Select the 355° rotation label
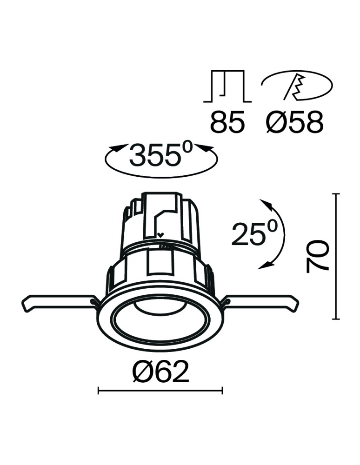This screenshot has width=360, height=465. click(x=161, y=155)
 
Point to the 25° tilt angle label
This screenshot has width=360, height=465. click(x=254, y=234)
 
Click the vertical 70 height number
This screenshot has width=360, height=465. click(x=318, y=256)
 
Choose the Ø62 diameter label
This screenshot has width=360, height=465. click(x=161, y=372)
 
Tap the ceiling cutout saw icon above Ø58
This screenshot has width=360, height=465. click(x=297, y=86)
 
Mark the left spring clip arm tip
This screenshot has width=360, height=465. click(x=26, y=306)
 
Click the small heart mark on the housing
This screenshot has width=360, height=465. click(x=161, y=235)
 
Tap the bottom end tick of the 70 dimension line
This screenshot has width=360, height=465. click(x=336, y=319)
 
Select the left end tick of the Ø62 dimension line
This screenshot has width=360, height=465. click(x=99, y=391)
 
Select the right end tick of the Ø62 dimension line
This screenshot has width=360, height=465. click(x=222, y=391)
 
